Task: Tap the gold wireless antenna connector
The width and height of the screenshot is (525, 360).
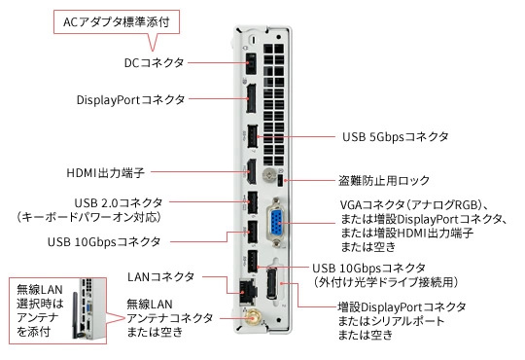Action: click(x=252, y=317)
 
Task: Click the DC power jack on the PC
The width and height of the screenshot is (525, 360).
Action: click(x=252, y=63)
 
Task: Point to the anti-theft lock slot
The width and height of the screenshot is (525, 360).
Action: click(x=281, y=181)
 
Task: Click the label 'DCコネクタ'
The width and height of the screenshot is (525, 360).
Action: click(x=155, y=62)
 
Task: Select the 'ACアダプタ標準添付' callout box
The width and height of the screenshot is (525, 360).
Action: click(x=117, y=22)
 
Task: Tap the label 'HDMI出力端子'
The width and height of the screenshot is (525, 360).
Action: click(x=105, y=172)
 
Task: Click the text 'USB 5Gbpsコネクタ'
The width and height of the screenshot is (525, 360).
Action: click(x=395, y=137)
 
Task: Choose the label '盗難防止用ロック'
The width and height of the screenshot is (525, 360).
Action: click(x=384, y=181)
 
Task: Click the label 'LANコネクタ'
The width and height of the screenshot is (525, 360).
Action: click(x=160, y=277)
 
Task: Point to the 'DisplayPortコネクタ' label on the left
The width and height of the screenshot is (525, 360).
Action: click(x=130, y=99)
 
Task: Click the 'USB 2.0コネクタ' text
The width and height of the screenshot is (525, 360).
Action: click(x=119, y=202)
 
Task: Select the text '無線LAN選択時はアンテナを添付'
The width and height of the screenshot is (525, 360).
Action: click(x=40, y=310)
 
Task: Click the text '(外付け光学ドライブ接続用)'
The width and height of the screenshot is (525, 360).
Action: click(x=385, y=282)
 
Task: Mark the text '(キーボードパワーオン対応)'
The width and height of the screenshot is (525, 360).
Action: click(x=88, y=217)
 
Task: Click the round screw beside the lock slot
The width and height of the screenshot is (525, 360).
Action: click(x=269, y=174)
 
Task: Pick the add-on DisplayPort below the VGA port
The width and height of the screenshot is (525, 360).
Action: click(x=272, y=284)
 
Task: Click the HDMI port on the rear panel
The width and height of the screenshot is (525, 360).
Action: click(x=252, y=171)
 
